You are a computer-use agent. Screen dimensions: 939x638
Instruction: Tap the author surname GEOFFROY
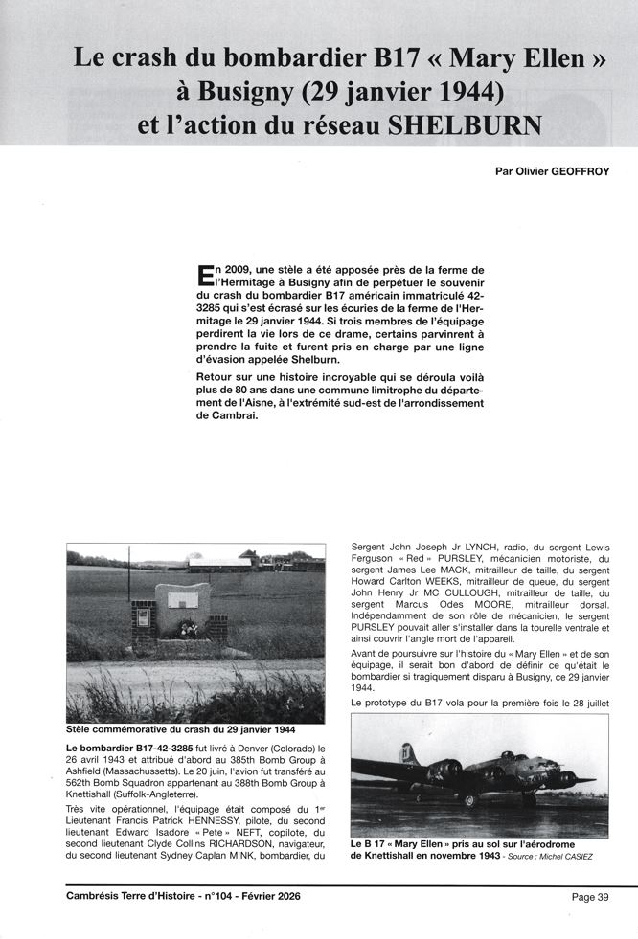pyautogui.click(x=576, y=173)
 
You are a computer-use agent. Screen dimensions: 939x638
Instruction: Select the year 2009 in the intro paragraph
pyautogui.click(x=240, y=271)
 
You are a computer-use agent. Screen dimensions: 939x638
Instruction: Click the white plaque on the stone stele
pyautogui.click(x=183, y=599)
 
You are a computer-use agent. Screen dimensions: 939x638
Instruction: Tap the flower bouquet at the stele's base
pyautogui.click(x=189, y=630)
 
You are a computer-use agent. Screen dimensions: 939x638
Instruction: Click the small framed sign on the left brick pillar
pyautogui.click(x=144, y=617)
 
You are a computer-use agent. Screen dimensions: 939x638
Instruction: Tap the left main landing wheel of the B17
pyautogui.click(x=469, y=799)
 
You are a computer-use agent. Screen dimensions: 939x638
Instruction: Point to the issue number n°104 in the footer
pyautogui.click(x=211, y=897)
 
